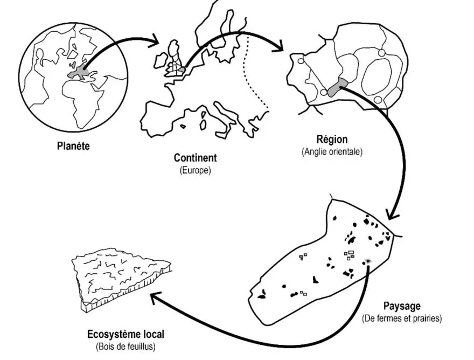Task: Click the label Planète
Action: pos(73,145)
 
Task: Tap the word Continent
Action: pos(195,158)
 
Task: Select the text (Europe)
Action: pos(195,170)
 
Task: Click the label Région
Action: pos(332,139)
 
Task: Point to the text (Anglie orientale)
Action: pos(332,151)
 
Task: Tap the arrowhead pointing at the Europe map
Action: pos(156,40)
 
